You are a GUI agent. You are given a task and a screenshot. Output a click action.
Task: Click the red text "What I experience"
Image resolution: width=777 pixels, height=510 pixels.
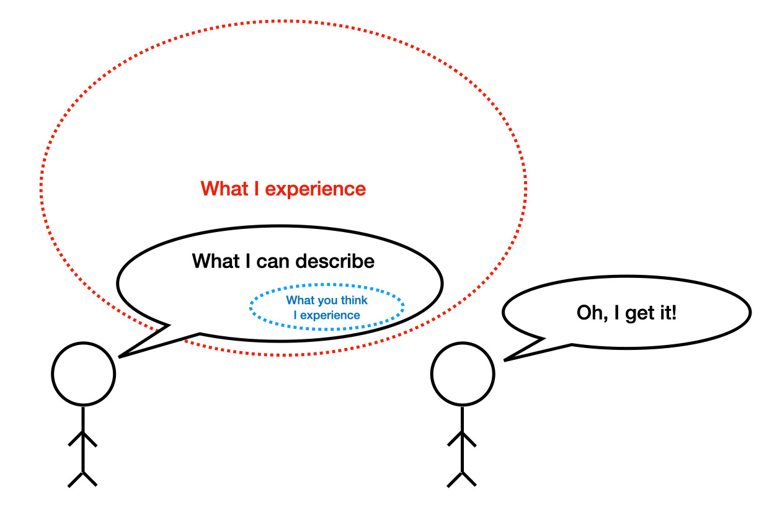[x=283, y=189]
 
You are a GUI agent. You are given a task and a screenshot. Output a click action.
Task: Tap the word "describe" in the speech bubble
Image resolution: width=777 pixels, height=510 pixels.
[x=335, y=261]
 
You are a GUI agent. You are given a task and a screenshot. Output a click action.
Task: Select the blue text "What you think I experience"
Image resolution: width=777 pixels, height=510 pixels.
[x=327, y=308]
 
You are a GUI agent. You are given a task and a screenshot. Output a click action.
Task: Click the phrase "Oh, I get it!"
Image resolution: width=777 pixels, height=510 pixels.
[x=626, y=313]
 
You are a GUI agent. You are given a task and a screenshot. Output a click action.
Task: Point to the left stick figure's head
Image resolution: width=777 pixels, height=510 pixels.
[x=83, y=374]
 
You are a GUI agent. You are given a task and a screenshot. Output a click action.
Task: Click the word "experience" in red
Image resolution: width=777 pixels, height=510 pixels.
[x=316, y=189]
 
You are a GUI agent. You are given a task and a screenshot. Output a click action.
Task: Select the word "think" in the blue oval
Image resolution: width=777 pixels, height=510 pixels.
[x=353, y=300]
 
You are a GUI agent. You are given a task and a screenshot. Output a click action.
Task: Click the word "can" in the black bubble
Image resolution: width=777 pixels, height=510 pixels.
[x=272, y=261]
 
